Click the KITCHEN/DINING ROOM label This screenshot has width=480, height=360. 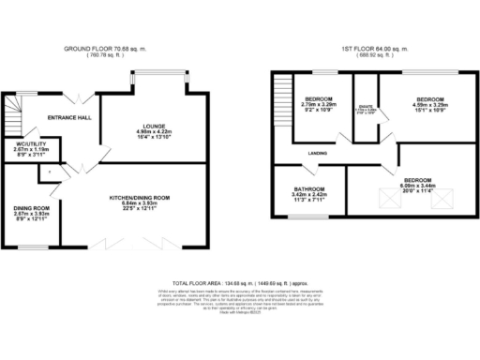pos(139,198)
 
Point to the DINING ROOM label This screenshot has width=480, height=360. pos(30,208)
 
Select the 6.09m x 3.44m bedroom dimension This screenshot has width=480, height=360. pos(417,186)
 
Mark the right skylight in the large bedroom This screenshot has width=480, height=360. pos(442,198)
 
